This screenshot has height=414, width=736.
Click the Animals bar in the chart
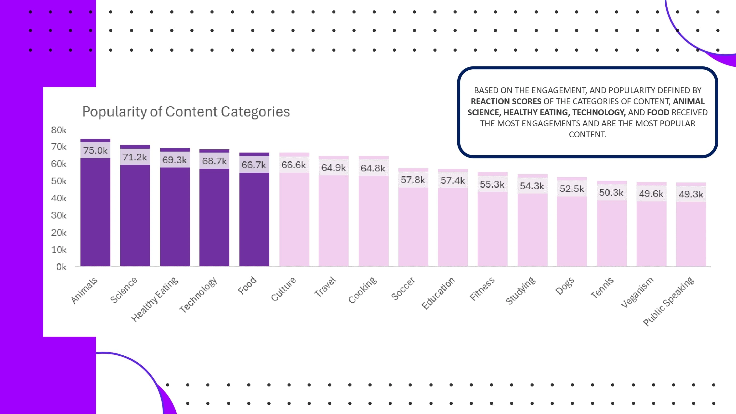click(95, 211)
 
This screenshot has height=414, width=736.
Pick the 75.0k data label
click(95, 151)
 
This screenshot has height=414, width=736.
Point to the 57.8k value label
click(413, 180)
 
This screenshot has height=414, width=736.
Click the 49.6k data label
click(651, 194)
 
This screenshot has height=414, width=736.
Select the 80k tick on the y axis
click(59, 130)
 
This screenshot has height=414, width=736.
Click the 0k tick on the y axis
click(61, 267)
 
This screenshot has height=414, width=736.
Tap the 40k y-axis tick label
click(59, 198)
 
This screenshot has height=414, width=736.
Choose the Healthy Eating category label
click(155, 299)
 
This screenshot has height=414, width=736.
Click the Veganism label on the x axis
click(637, 292)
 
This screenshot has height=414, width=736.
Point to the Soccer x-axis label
click(403, 289)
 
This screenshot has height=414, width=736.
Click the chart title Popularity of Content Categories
click(186, 112)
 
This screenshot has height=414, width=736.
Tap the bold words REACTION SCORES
click(506, 102)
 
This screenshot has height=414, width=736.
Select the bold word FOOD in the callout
click(658, 112)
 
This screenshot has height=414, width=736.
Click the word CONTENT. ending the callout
click(587, 135)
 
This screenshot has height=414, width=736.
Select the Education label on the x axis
click(438, 293)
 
